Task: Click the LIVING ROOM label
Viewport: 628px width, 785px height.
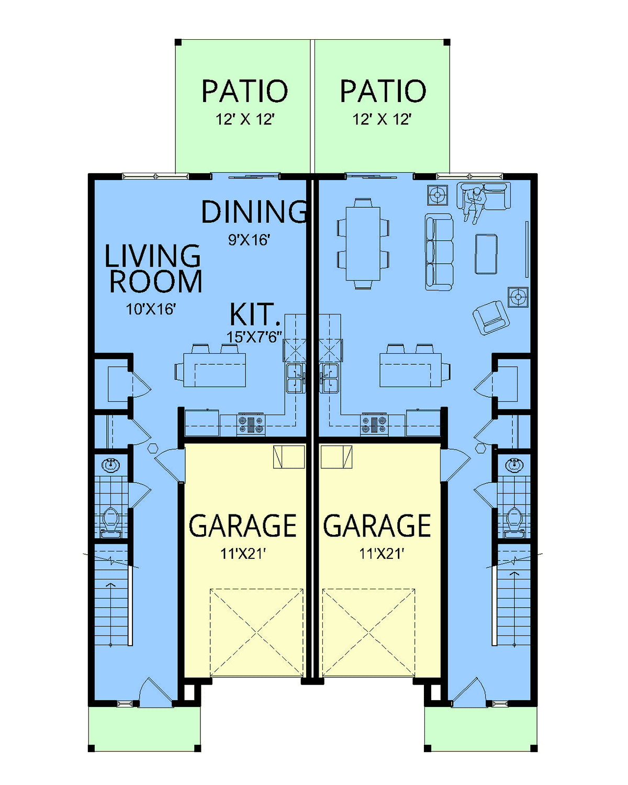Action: tap(153, 268)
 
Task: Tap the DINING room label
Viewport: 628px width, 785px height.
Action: tap(254, 211)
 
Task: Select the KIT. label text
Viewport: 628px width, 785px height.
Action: tap(255, 314)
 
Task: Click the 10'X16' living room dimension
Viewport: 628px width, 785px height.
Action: tap(151, 309)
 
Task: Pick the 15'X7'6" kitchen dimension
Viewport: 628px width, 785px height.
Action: tap(254, 337)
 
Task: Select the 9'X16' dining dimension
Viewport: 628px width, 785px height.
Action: tap(249, 240)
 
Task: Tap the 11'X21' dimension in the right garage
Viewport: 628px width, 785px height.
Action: tap(382, 554)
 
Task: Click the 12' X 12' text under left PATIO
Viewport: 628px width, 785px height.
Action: tap(244, 119)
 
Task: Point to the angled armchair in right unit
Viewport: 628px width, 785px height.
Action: tap(491, 317)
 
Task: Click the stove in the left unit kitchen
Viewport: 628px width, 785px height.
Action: tap(251, 424)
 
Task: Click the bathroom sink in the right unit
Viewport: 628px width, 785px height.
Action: tap(514, 465)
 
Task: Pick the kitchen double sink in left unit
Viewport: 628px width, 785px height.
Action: tap(296, 377)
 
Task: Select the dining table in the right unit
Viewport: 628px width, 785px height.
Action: tap(363, 243)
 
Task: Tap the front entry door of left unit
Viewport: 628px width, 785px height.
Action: tap(156, 689)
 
